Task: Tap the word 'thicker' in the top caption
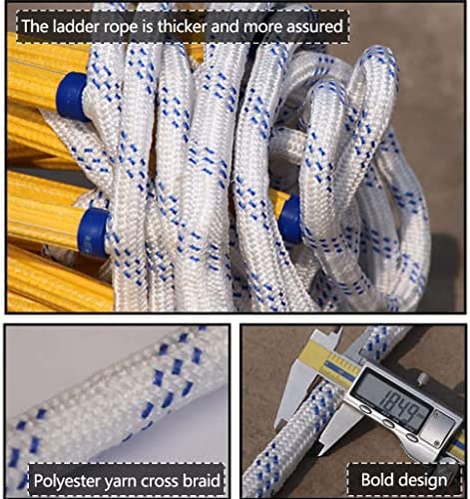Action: [x=183, y=26]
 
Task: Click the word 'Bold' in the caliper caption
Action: [x=375, y=480]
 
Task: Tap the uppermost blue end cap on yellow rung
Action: [x=73, y=96]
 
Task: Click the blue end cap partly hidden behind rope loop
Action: [x=291, y=221]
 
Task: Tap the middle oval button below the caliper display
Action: [x=388, y=423]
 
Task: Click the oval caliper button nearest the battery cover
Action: [x=411, y=437]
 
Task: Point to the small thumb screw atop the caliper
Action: [x=423, y=378]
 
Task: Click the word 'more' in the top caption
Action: [x=263, y=27]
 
